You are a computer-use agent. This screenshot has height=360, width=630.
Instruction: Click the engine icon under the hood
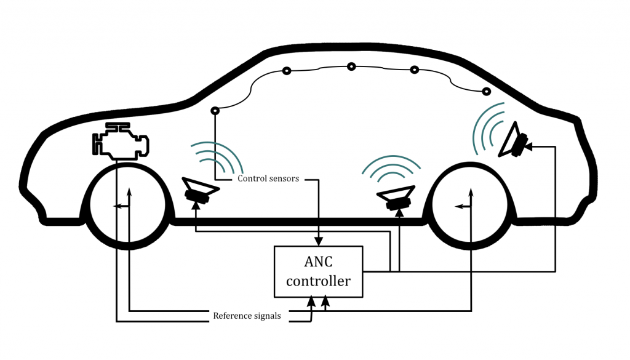point(121,141)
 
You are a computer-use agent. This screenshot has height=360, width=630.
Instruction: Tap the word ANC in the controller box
point(318,262)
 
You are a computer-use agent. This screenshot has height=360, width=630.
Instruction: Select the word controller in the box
point(318,281)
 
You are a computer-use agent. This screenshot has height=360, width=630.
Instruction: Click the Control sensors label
point(268,178)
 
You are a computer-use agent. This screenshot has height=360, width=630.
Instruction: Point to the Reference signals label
point(247,316)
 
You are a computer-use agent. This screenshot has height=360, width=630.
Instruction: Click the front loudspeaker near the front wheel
point(199,190)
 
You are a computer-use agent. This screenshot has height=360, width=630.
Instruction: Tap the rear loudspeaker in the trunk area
point(512,140)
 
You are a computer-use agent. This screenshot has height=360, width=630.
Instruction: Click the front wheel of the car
point(127,206)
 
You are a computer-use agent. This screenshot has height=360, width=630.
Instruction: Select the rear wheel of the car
point(469,206)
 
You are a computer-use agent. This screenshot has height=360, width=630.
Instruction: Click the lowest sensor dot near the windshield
point(215,111)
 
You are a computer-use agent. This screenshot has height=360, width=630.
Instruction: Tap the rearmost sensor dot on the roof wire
point(486,92)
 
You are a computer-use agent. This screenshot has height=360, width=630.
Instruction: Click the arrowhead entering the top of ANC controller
point(319,241)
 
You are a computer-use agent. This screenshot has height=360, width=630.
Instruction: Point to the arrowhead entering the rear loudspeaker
point(528,146)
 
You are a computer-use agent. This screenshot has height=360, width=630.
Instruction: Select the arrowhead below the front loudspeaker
point(196,206)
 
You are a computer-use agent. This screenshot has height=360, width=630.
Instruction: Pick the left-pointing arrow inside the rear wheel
point(463,207)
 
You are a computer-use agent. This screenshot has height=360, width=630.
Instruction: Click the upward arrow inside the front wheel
point(129,198)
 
